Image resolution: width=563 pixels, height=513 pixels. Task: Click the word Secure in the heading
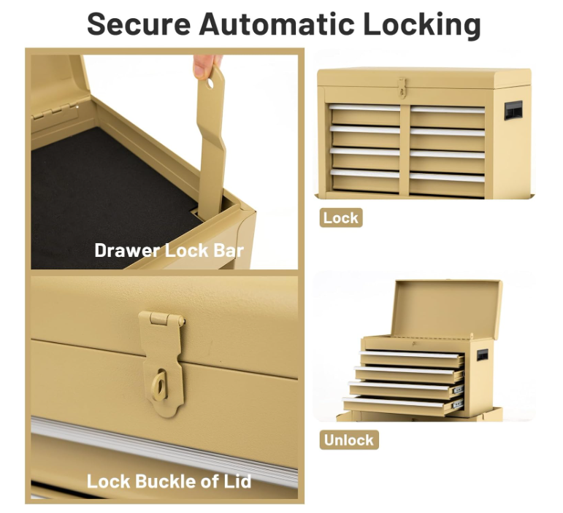click(x=138, y=24)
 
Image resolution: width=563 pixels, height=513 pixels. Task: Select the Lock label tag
click(x=341, y=217)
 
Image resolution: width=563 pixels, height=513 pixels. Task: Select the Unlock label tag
click(x=349, y=440)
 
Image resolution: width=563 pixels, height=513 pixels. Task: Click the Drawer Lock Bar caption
click(x=169, y=251)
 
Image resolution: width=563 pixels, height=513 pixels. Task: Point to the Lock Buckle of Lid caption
click(x=169, y=481)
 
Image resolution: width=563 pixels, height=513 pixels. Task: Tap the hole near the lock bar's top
click(x=210, y=83)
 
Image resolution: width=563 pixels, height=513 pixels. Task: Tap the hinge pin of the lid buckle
click(x=161, y=319)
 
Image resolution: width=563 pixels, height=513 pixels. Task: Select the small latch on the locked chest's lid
click(x=402, y=88)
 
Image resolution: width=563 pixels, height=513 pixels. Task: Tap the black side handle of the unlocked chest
click(x=483, y=355)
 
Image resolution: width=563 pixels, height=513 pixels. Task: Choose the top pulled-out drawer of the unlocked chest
click(x=413, y=357)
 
